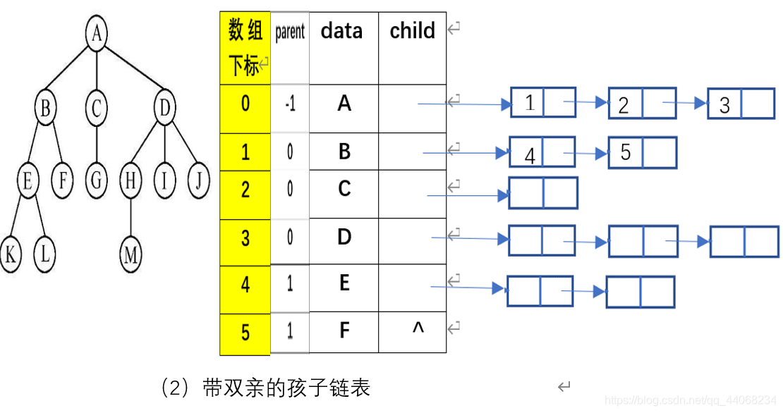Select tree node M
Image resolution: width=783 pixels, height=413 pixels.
click(x=130, y=255)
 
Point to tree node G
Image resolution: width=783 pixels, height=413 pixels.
click(x=96, y=181)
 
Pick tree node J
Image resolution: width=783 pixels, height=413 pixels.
click(x=199, y=181)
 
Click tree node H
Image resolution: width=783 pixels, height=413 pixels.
click(x=130, y=181)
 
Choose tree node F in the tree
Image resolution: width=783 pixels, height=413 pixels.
click(x=63, y=181)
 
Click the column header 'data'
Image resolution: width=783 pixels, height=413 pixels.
click(x=342, y=31)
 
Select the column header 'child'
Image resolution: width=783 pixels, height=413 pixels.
click(x=412, y=31)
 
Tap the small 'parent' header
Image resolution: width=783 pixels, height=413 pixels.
click(x=290, y=32)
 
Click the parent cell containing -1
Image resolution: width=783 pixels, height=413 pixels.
click(x=290, y=104)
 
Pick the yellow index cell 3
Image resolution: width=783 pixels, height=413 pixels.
click(x=245, y=238)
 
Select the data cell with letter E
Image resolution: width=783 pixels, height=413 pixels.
click(x=344, y=283)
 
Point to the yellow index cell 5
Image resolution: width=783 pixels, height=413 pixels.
click(x=245, y=331)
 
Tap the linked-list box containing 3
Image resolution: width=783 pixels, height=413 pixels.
click(x=725, y=104)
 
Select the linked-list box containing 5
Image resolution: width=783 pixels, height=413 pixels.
click(x=626, y=152)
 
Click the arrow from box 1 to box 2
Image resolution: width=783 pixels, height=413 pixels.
click(x=585, y=103)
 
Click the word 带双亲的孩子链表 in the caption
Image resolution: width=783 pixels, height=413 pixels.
click(x=286, y=388)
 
